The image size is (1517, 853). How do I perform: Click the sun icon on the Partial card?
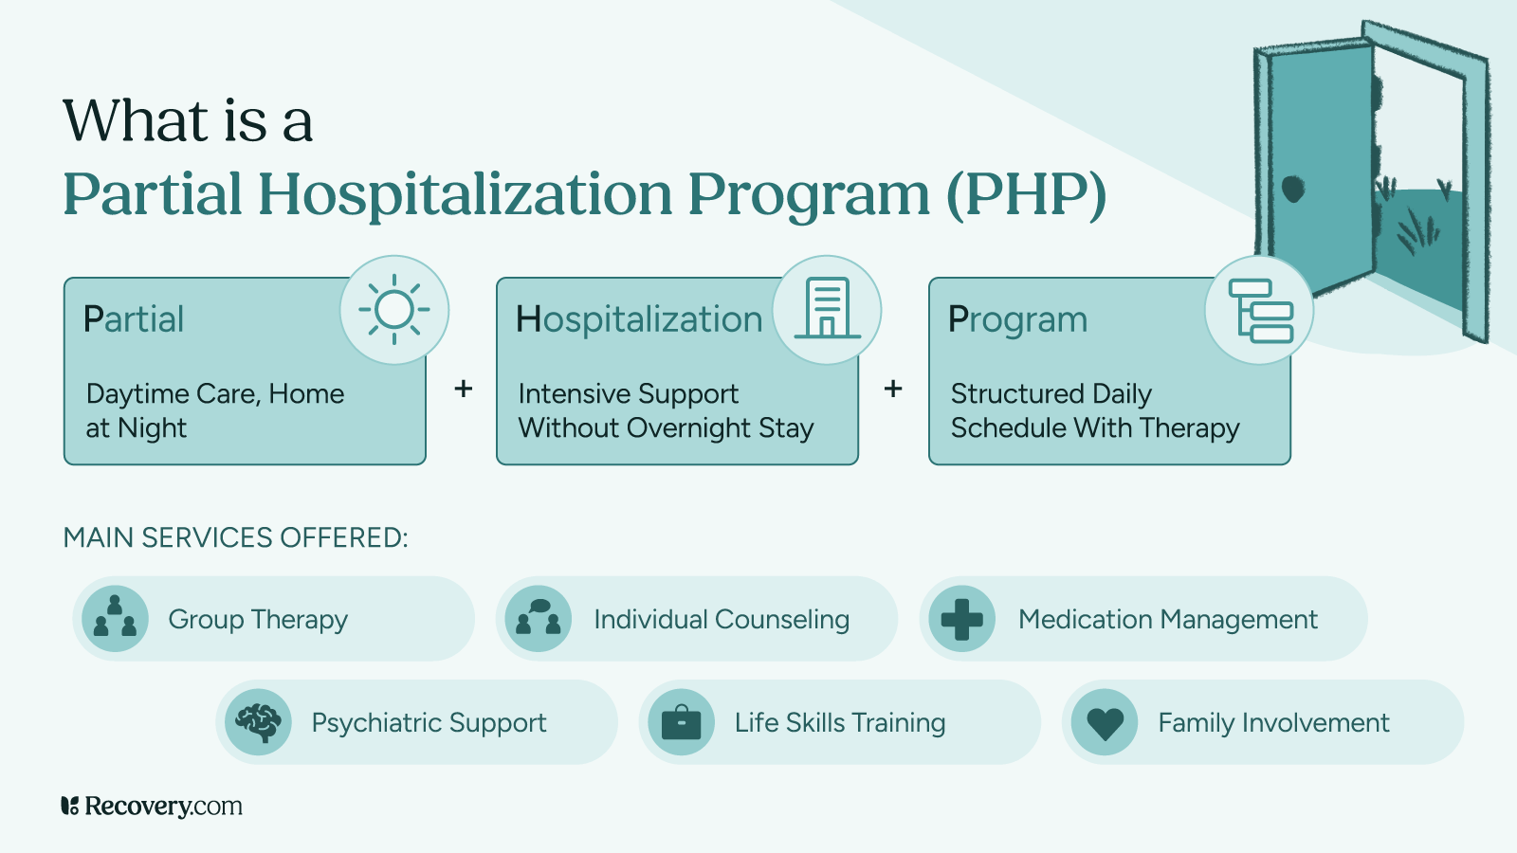(394, 310)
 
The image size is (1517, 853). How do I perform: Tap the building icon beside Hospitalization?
(827, 310)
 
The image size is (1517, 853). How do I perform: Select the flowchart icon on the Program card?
(1260, 310)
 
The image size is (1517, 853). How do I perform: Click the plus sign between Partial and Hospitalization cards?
(464, 389)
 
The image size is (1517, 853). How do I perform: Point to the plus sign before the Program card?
(893, 389)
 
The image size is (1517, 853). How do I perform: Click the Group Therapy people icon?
(115, 619)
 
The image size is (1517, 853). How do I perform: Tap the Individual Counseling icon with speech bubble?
(538, 619)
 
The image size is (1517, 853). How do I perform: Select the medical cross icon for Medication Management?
(961, 619)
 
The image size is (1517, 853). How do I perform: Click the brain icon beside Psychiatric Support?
(258, 722)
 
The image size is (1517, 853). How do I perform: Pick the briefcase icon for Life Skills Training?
(681, 722)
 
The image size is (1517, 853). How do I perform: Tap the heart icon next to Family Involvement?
(1105, 722)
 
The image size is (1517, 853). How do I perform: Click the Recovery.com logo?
(152, 806)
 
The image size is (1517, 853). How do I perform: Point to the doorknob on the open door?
(1293, 189)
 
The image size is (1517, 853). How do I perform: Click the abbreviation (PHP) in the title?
(1026, 193)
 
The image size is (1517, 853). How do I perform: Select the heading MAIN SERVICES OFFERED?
(235, 537)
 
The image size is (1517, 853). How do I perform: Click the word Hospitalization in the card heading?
(639, 320)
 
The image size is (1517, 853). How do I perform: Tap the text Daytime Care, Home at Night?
(214, 410)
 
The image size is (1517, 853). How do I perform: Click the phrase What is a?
(188, 121)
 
